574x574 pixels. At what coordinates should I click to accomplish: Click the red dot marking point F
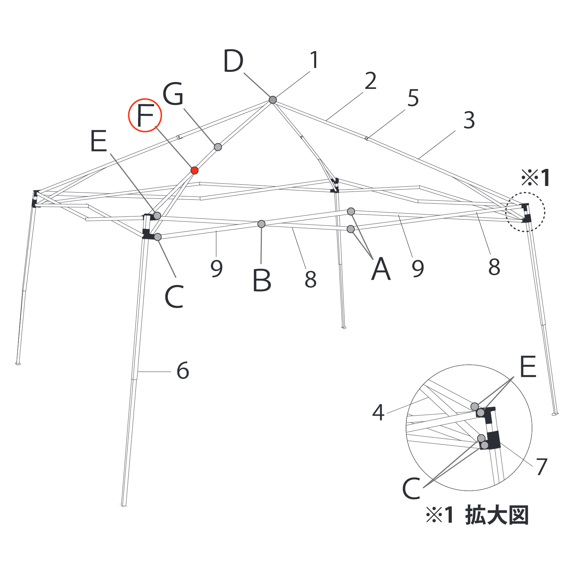pyautogui.click(x=195, y=170)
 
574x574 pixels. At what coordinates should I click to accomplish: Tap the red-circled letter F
pyautogui.click(x=145, y=115)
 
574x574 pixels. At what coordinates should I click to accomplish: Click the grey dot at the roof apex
pyautogui.click(x=273, y=100)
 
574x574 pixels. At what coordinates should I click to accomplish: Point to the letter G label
pyautogui.click(x=173, y=94)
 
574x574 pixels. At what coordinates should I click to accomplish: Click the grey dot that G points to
pyautogui.click(x=218, y=147)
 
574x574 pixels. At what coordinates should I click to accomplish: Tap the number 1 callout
pyautogui.click(x=314, y=60)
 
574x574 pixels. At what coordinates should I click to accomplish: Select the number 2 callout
pyautogui.click(x=370, y=81)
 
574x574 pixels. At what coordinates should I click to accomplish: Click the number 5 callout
pyautogui.click(x=413, y=98)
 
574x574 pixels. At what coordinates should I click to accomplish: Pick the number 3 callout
pyautogui.click(x=469, y=120)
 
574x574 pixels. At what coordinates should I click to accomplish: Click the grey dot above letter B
pyautogui.click(x=261, y=224)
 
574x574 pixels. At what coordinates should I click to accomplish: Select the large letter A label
pyautogui.click(x=381, y=269)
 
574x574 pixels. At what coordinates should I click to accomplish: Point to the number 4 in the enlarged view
pyautogui.click(x=378, y=412)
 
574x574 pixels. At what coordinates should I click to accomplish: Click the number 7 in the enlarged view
pyautogui.click(x=542, y=466)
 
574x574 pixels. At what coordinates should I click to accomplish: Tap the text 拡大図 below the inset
pyautogui.click(x=497, y=515)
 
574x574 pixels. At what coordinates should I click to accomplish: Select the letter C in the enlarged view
pyautogui.click(x=411, y=488)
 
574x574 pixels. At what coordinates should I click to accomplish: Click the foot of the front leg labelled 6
pyautogui.click(x=124, y=505)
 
